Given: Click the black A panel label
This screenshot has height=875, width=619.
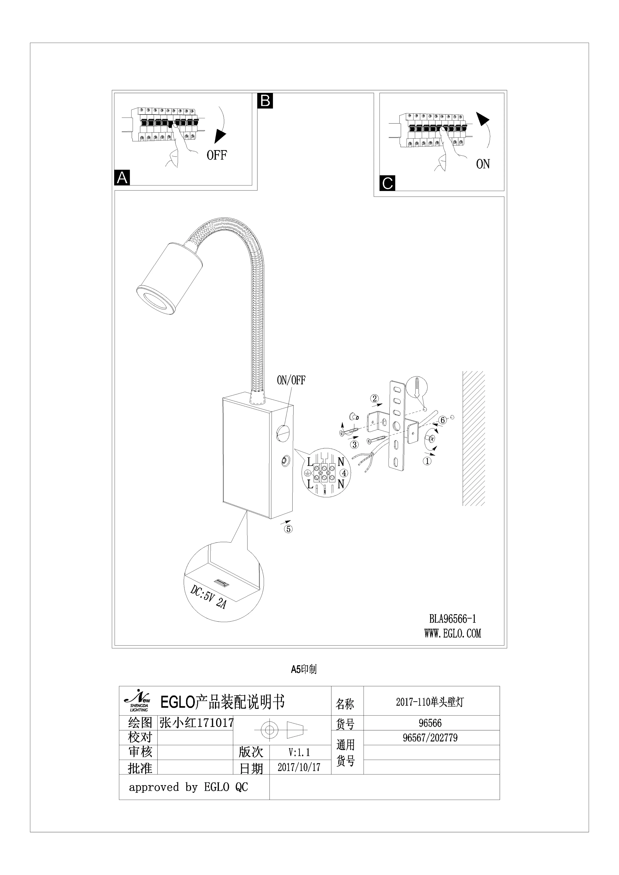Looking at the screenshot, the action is [x=122, y=178].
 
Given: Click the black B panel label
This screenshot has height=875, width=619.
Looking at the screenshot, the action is [x=265, y=101].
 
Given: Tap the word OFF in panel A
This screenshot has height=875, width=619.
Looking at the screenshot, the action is [x=217, y=155].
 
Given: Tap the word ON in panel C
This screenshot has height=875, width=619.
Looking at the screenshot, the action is [x=483, y=164].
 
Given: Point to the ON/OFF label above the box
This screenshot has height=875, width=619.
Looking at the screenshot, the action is [x=291, y=380].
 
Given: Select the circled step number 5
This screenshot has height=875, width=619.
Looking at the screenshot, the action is [x=288, y=529].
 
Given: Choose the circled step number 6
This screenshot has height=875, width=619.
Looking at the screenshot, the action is [x=443, y=420].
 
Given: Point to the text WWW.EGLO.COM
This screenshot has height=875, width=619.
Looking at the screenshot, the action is [x=453, y=633].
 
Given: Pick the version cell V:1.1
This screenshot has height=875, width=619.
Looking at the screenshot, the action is [x=299, y=752].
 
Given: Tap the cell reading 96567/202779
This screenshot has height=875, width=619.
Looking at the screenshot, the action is [x=430, y=738].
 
